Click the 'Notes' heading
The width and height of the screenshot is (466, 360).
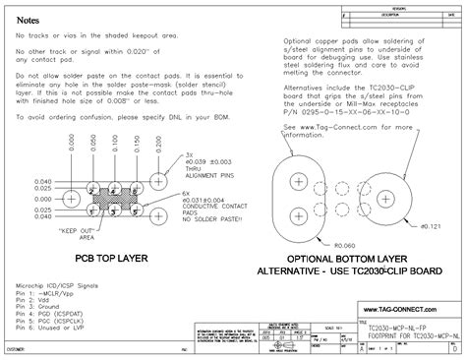point(29,20)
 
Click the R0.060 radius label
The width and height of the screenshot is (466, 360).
point(345,244)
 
